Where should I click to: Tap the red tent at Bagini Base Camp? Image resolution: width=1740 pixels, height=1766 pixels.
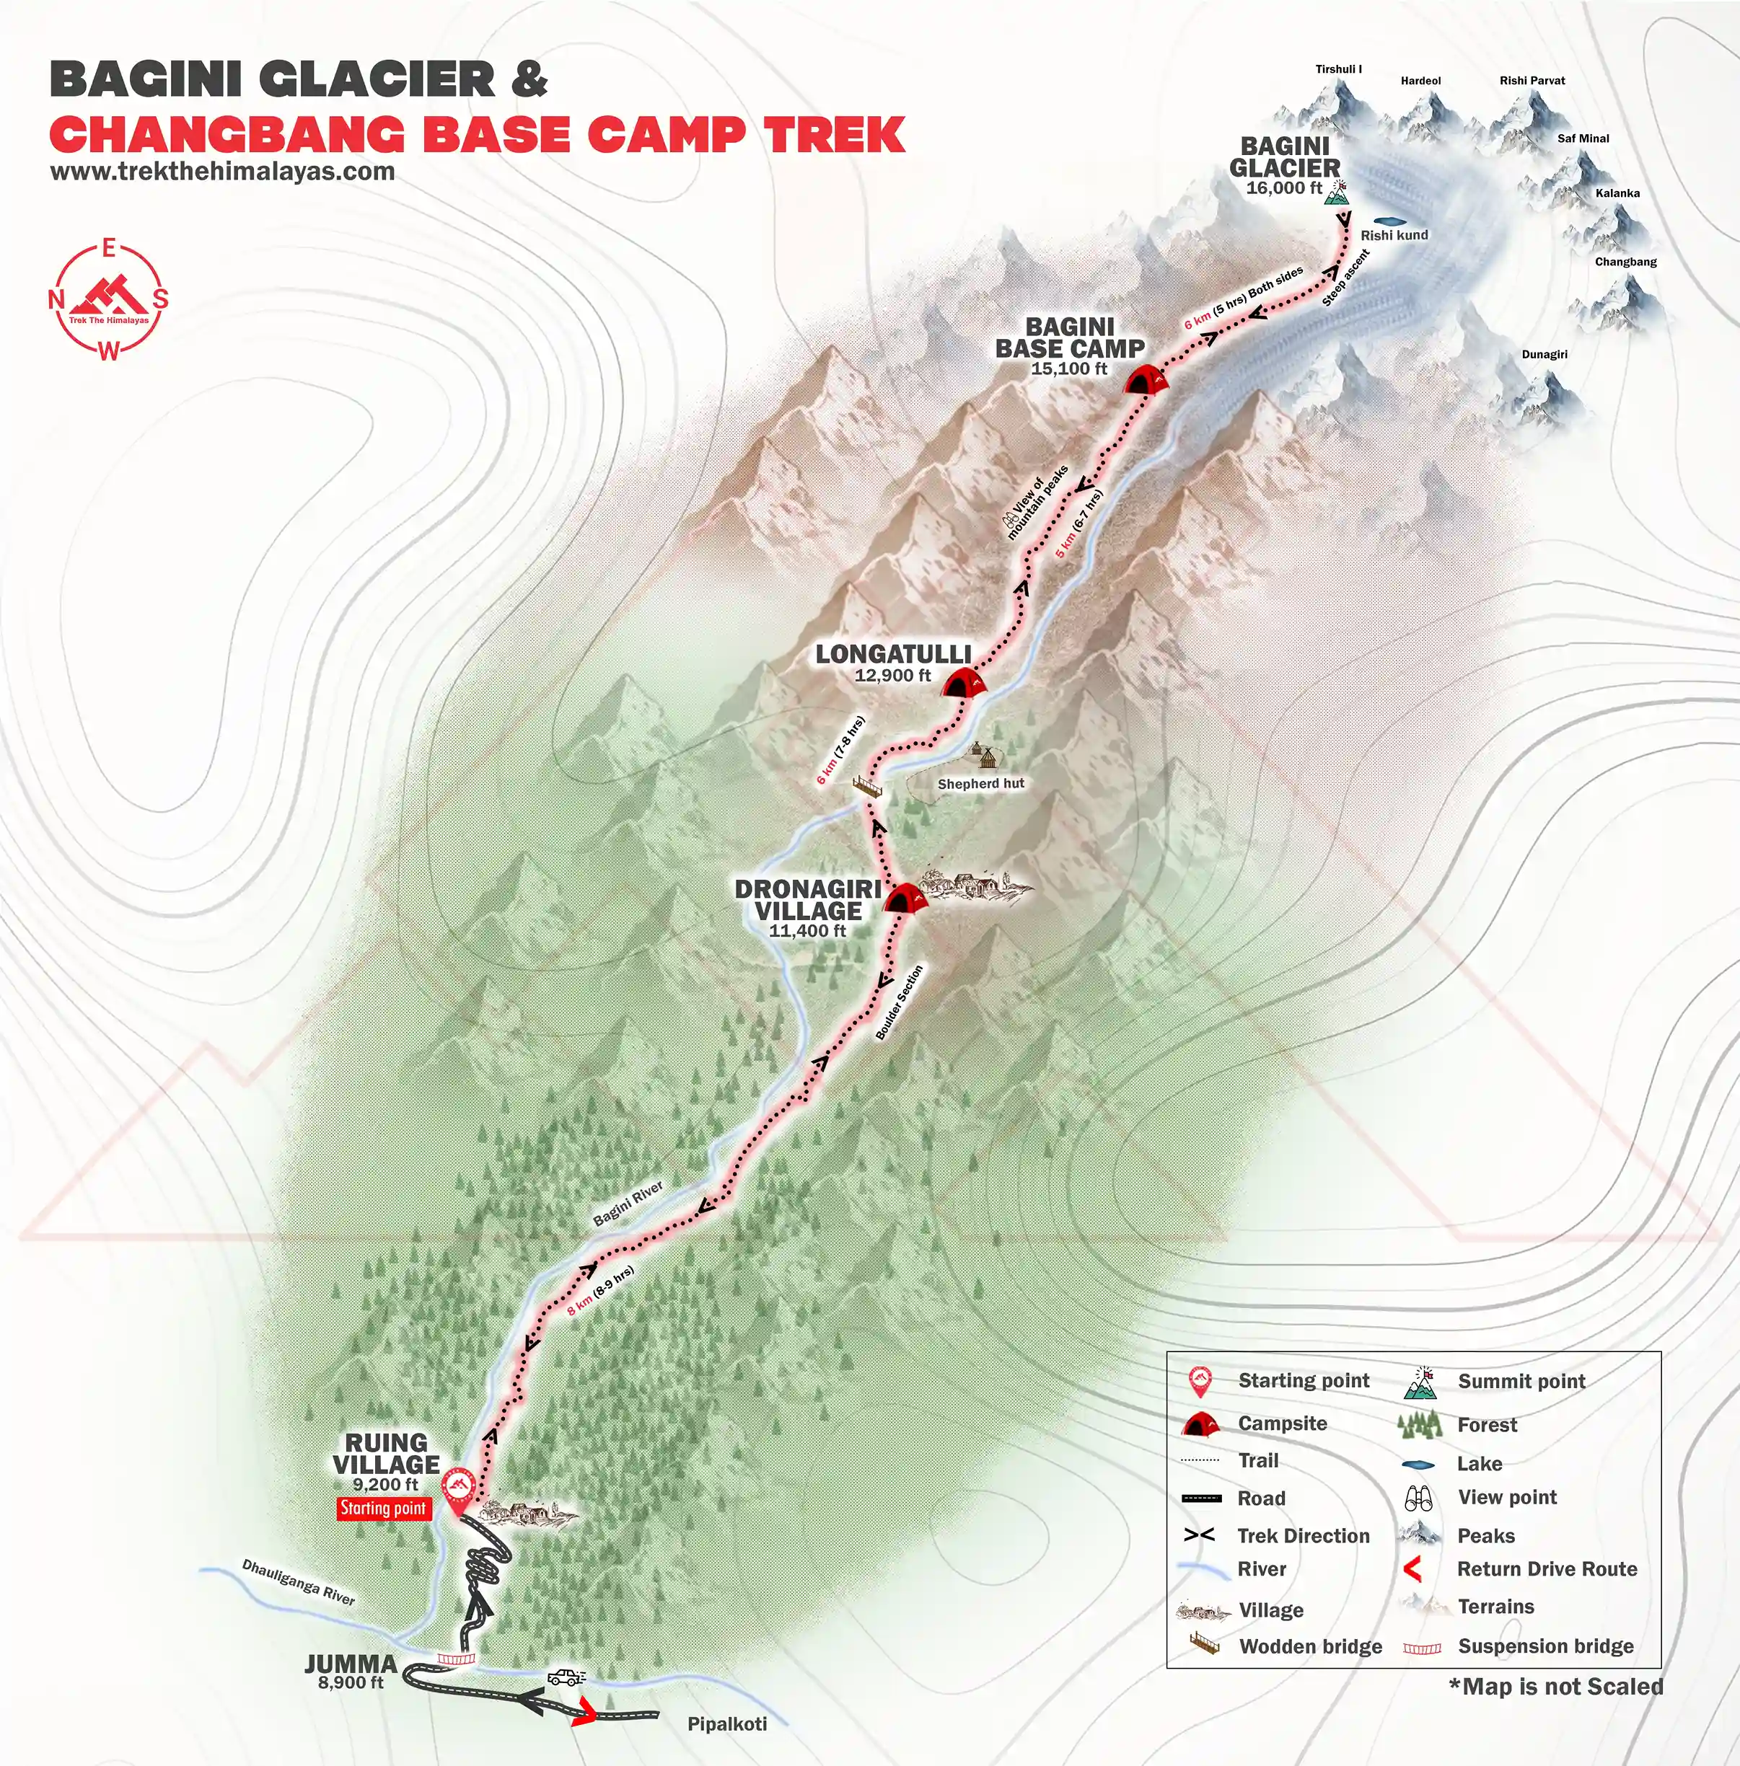[1148, 380]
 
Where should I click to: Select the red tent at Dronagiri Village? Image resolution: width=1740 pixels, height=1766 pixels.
[905, 898]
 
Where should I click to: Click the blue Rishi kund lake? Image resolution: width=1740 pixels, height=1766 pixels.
[1389, 221]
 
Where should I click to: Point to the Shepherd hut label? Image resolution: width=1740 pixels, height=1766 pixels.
[980, 783]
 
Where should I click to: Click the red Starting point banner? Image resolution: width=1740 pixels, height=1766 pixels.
[383, 1509]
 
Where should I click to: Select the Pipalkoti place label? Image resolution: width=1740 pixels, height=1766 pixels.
[726, 1723]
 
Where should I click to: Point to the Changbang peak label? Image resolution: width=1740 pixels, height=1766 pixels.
[1625, 261]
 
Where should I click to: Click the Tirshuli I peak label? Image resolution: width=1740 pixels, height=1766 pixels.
[1338, 69]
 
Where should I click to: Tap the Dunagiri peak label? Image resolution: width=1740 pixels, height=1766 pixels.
[1544, 353]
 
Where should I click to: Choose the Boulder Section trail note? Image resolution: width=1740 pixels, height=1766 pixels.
[900, 1002]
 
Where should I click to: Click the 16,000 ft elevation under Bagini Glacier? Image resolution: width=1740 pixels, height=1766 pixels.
[1283, 188]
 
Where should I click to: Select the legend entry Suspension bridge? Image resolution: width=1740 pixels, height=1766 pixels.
[1545, 1646]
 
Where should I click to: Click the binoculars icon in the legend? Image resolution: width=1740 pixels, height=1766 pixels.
[1418, 1498]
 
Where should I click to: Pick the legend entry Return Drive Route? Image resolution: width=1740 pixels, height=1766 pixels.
[1546, 1568]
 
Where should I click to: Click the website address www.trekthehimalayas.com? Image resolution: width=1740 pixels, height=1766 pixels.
[222, 172]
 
